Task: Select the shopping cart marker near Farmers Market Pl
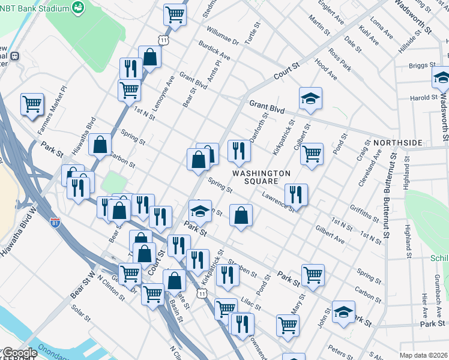[32, 104]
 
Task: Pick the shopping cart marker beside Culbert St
[312, 154]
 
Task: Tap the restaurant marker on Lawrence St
[296, 194]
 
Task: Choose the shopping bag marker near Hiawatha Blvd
[100, 144]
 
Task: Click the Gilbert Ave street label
[330, 236]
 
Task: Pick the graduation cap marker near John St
[343, 311]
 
